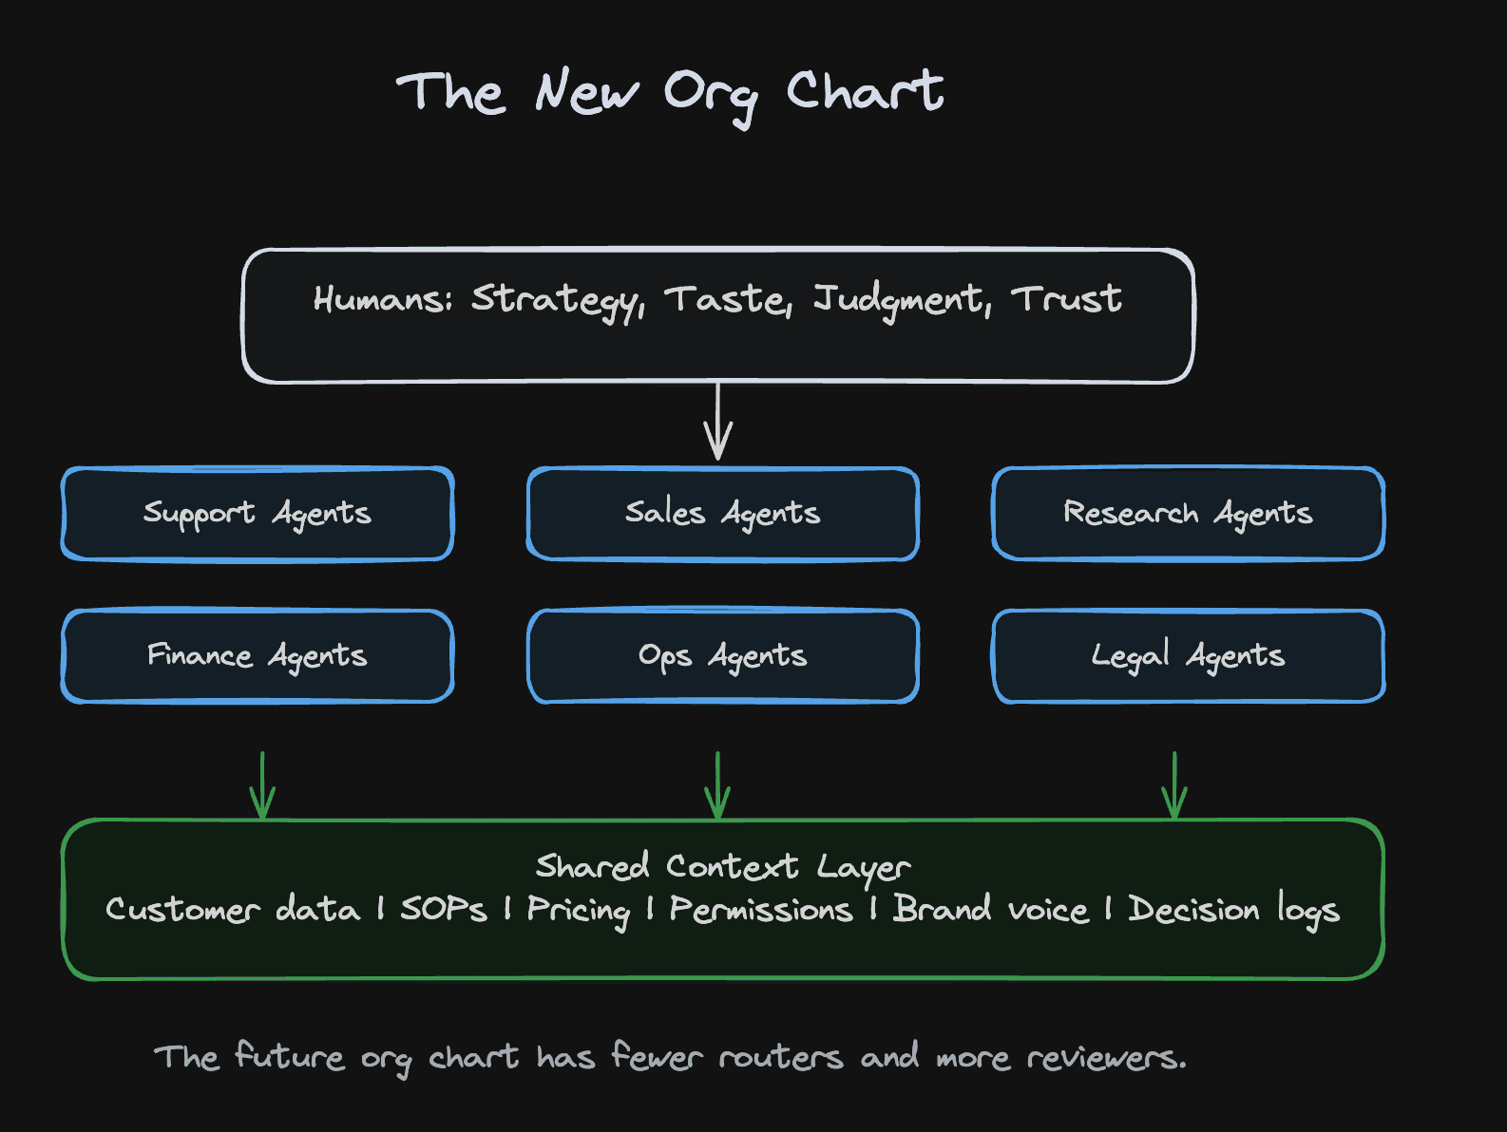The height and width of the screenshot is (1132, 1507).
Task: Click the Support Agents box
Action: [x=258, y=514]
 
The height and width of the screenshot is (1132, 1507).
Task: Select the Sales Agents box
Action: [x=723, y=514]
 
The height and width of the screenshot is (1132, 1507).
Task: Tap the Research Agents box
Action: [x=1189, y=514]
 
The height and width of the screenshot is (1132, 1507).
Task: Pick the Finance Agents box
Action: [x=258, y=656]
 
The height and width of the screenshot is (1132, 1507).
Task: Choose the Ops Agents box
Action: [x=723, y=656]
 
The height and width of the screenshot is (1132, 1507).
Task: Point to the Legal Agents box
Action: [x=1189, y=656]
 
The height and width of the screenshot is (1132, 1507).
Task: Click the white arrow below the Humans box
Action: [x=718, y=422]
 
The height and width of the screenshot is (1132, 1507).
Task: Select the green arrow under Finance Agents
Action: [x=262, y=784]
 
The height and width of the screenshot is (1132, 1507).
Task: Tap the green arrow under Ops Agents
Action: [x=717, y=784]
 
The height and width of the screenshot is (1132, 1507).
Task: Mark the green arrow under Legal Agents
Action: [x=1174, y=784]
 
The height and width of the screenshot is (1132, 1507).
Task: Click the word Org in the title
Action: [x=712, y=98]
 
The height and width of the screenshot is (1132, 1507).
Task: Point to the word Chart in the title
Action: [x=865, y=90]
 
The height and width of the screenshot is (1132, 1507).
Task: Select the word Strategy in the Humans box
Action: [x=557, y=301]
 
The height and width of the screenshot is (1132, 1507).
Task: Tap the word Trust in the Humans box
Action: [x=1067, y=299]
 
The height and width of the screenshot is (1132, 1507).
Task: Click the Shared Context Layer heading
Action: [x=723, y=867]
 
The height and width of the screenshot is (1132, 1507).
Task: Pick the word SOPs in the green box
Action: [x=444, y=909]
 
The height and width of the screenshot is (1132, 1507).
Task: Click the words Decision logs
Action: [x=1233, y=911]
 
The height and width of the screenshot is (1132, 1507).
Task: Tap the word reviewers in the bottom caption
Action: [x=1107, y=1058]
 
